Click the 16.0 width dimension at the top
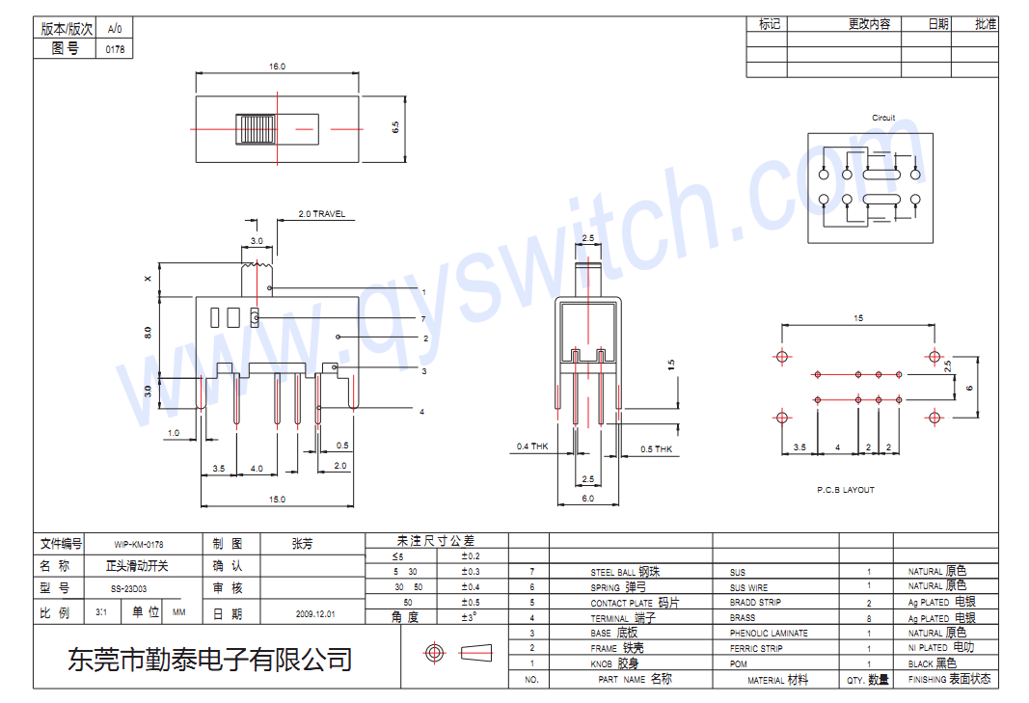277,67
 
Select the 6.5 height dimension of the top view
395,127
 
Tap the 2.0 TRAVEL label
321,214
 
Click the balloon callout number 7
423,318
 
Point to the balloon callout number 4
421,412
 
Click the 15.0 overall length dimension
277,499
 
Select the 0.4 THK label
531,446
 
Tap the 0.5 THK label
656,449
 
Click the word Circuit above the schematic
883,118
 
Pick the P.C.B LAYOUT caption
846,490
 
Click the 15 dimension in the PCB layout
858,318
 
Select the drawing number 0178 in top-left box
115,49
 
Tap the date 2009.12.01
315,613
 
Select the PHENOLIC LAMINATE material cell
769,634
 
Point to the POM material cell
738,664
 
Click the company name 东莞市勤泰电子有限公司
209,660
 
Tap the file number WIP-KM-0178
138,545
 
